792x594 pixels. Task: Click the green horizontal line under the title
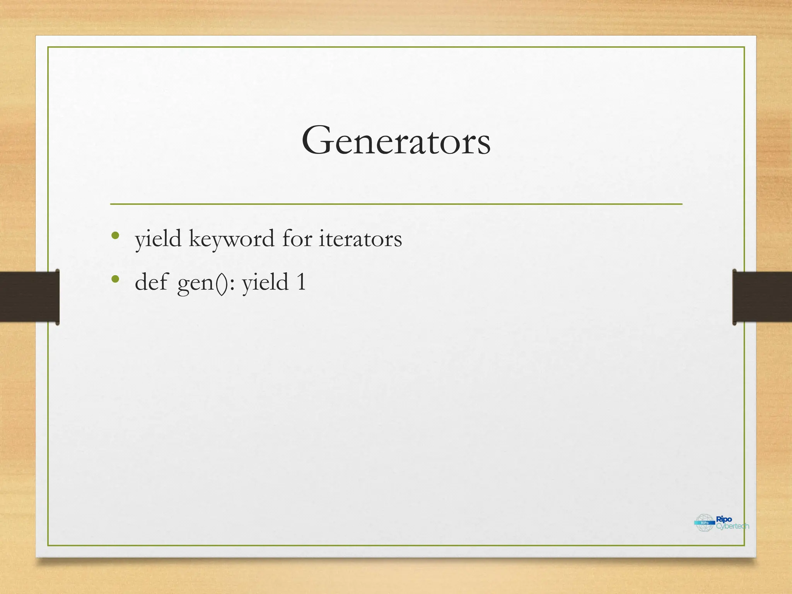(x=396, y=204)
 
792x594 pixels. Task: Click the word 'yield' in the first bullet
(x=158, y=239)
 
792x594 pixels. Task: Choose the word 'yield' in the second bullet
(x=265, y=282)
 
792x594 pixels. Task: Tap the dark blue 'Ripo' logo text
(x=724, y=519)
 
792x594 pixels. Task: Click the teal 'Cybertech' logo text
(x=732, y=526)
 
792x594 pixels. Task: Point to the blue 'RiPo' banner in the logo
(x=705, y=523)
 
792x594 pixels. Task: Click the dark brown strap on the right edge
(x=762, y=297)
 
